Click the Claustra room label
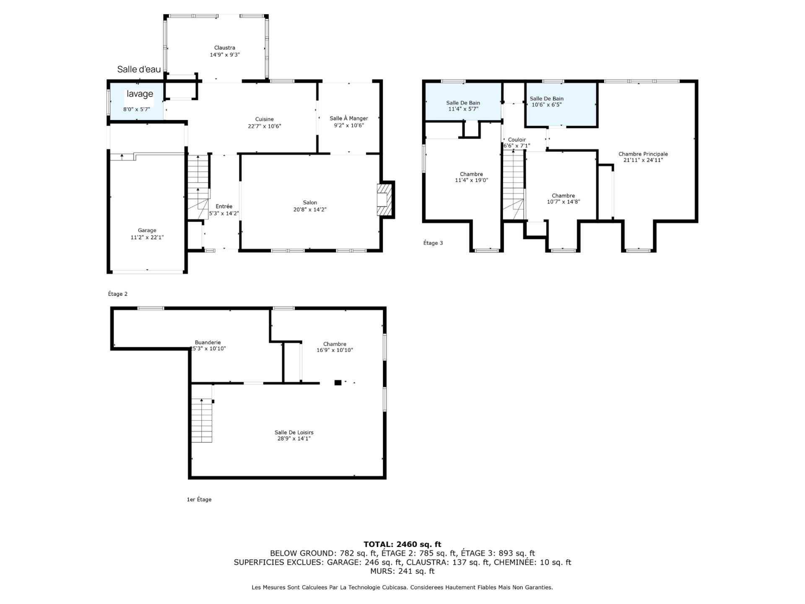pyautogui.click(x=224, y=48)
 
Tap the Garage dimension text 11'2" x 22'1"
pyautogui.click(x=147, y=237)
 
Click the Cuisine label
pyautogui.click(x=264, y=119)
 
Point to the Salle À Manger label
pyautogui.click(x=349, y=118)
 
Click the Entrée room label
pyautogui.click(x=224, y=206)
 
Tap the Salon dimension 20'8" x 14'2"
pyautogui.click(x=310, y=209)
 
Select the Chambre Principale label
pyautogui.click(x=643, y=154)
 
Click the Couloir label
pyautogui.click(x=517, y=140)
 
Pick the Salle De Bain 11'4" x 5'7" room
pyautogui.click(x=463, y=102)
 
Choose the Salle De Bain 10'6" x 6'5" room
pyautogui.click(x=561, y=104)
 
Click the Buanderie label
pyautogui.click(x=208, y=342)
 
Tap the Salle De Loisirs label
pyautogui.click(x=294, y=432)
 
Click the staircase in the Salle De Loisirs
pyautogui.click(x=202, y=420)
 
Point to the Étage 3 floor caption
pyautogui.click(x=433, y=243)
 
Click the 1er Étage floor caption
pyautogui.click(x=199, y=500)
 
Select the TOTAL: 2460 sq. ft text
pyautogui.click(x=402, y=544)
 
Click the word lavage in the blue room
pyautogui.click(x=140, y=94)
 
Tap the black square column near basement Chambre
pyautogui.click(x=338, y=383)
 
